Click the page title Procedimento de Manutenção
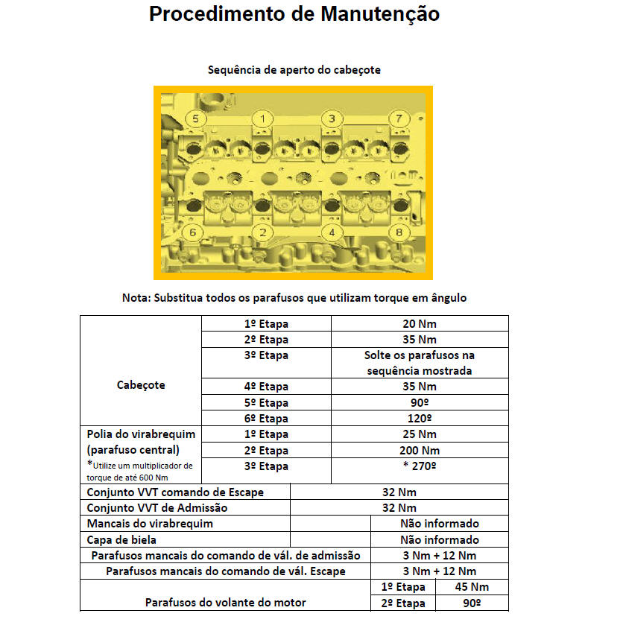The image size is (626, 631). point(294,14)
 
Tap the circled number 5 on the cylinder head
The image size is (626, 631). point(195,119)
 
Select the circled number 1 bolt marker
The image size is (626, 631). point(262,118)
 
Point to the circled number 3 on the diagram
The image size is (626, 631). point(332,119)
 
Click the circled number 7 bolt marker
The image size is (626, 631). point(399,119)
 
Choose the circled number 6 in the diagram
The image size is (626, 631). point(192,232)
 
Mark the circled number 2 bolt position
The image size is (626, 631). point(262,232)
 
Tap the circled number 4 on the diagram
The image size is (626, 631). point(332,232)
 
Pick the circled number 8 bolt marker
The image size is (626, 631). point(400,232)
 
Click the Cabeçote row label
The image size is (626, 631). point(141,385)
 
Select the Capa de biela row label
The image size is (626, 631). point(121,539)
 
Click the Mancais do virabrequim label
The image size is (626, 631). point(150,524)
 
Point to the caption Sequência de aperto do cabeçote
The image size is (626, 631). point(294,70)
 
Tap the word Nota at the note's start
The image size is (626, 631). point(136,297)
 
